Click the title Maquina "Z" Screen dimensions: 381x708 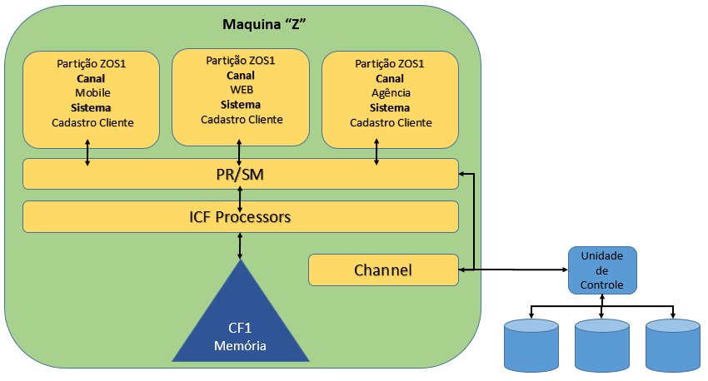pos(266,23)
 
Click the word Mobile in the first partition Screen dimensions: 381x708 pos(92,92)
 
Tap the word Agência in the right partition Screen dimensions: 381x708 pos(391,92)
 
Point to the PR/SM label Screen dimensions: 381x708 pos(241,175)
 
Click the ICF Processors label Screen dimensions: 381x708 pos(241,217)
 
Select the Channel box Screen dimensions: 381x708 pos(383,270)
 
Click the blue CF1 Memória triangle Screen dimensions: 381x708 pos(241,324)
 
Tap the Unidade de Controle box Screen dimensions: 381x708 pos(601,270)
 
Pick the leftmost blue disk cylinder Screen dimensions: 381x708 pos(531,345)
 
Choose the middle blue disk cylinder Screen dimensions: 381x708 pos(602,345)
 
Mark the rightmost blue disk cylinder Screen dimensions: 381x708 pos(673,345)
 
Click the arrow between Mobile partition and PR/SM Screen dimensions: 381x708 pos(87,154)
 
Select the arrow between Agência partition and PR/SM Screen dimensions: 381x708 pos(376,152)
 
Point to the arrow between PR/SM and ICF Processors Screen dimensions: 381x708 pos(241,196)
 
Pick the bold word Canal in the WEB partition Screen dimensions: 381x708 pos(241,75)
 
